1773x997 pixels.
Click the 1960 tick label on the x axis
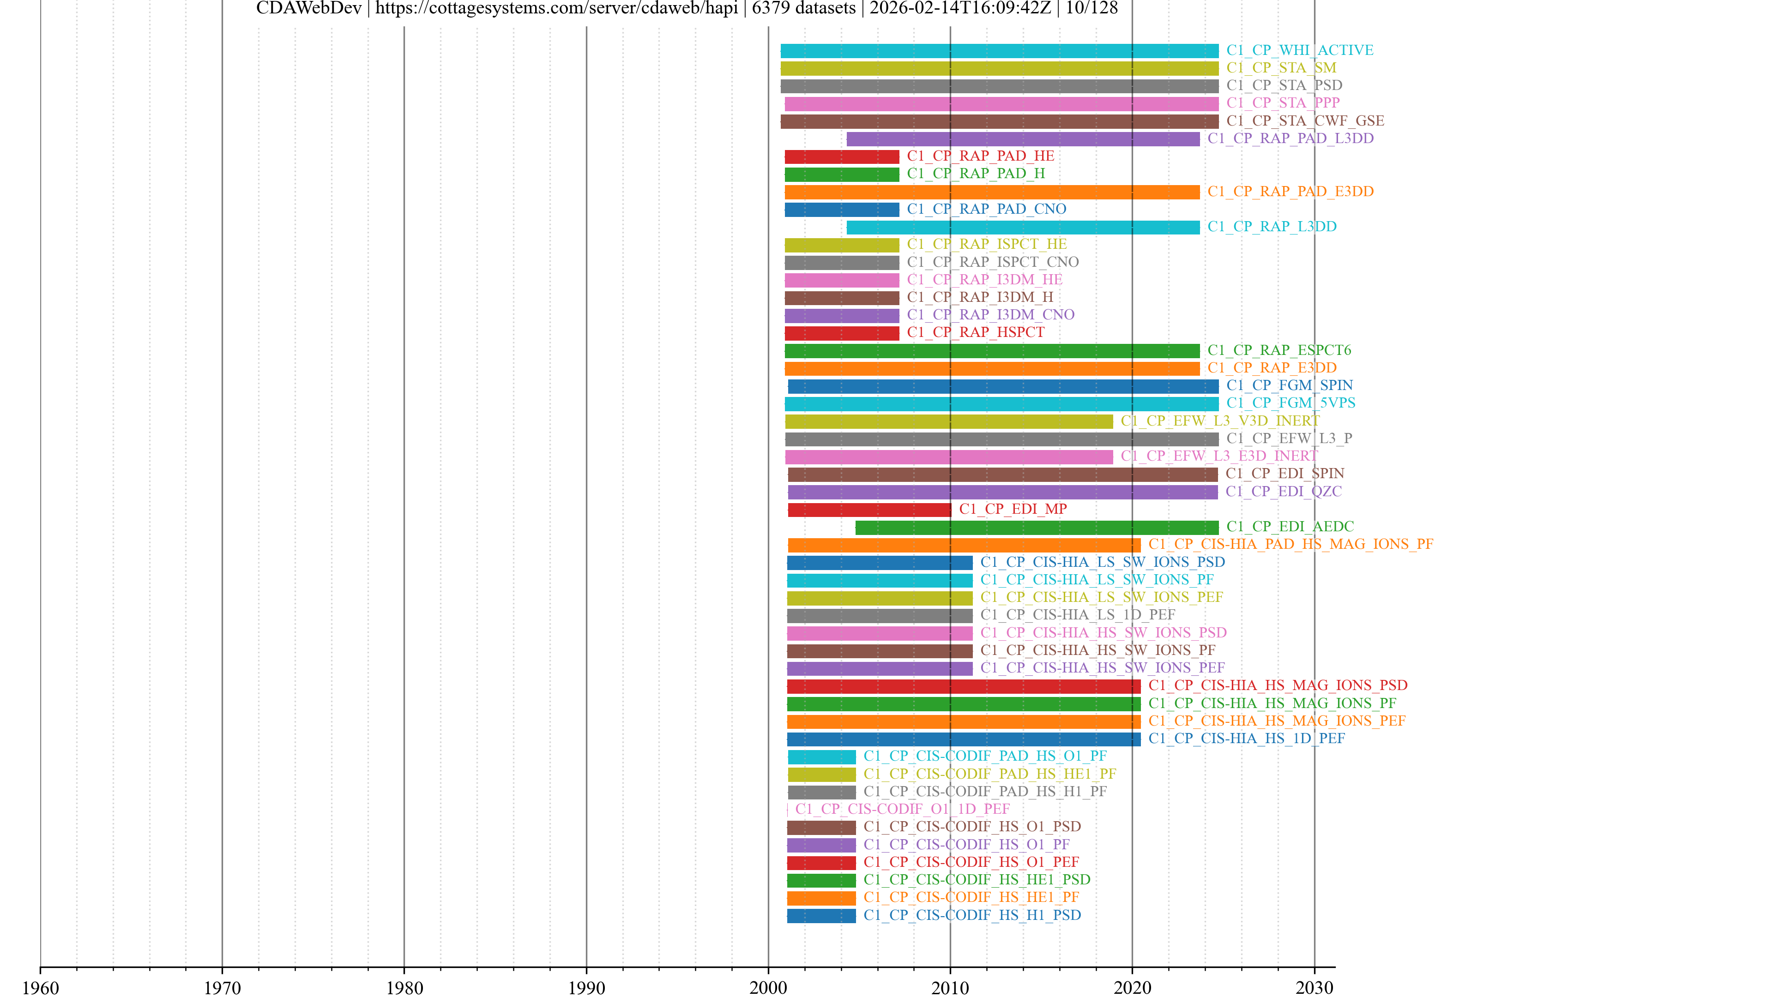tap(41, 987)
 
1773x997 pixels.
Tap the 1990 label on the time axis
tap(586, 987)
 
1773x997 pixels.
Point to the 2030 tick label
tap(1314, 987)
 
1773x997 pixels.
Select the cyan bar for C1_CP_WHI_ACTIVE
tap(999, 51)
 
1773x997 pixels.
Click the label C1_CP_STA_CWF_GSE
tap(1305, 121)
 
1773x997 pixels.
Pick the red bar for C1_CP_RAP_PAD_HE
tap(842, 157)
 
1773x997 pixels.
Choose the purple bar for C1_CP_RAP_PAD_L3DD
tap(1023, 139)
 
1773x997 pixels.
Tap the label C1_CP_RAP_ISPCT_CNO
tap(993, 262)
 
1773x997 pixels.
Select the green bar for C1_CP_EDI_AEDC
tap(1037, 528)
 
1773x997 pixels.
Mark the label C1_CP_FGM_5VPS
tap(1291, 402)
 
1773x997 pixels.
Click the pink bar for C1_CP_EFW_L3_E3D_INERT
tap(948, 457)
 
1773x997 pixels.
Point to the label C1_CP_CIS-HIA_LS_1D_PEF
tap(1078, 614)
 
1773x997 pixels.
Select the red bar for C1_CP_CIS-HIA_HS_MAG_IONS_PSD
tap(964, 686)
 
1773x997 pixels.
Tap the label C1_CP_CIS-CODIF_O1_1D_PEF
tap(902, 809)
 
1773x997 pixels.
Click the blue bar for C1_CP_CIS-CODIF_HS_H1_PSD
tap(821, 916)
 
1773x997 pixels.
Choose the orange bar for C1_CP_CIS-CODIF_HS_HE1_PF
tap(821, 898)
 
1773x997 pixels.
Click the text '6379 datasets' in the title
tap(803, 8)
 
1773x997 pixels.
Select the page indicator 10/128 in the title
tap(1092, 8)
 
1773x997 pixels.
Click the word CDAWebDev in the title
tap(308, 8)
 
